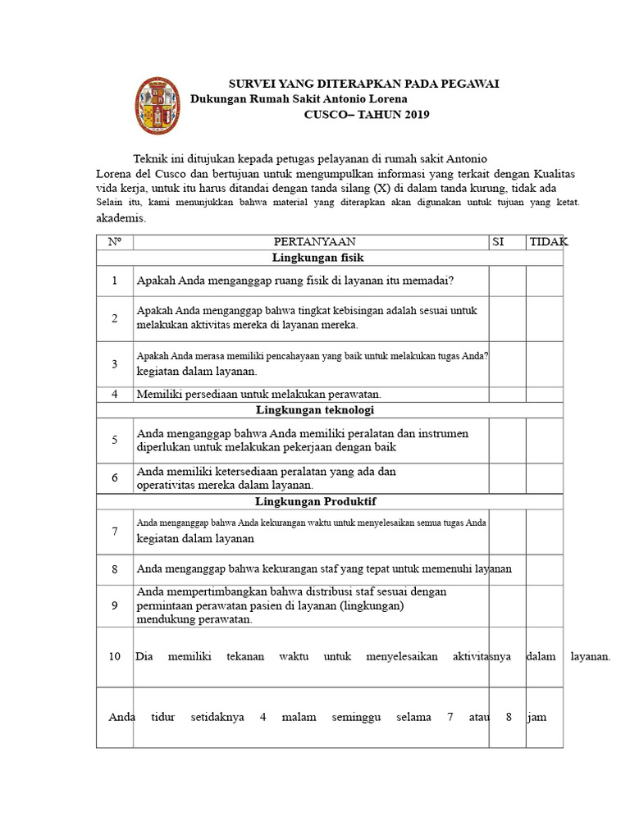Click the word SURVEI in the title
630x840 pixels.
tap(251, 84)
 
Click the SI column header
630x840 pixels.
tap(497, 241)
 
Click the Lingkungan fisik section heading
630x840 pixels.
tap(310, 258)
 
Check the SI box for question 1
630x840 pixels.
tap(507, 281)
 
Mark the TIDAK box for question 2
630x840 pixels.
tap(545, 318)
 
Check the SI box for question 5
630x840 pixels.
tap(507, 440)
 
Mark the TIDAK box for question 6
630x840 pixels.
tap(545, 477)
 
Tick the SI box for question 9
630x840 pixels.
tap(507, 605)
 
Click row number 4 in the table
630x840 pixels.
tap(115, 394)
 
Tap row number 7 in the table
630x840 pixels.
tap(115, 531)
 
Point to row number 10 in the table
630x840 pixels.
tap(115, 656)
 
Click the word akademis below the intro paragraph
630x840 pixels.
tap(121, 218)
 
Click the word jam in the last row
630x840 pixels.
tap(537, 717)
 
